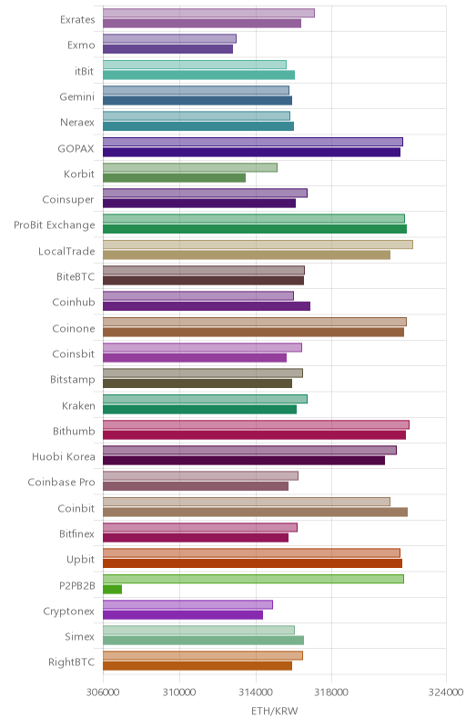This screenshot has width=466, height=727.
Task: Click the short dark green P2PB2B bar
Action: click(112, 589)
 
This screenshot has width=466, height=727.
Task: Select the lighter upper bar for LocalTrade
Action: click(258, 244)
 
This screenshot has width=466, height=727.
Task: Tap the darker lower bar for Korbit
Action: click(174, 177)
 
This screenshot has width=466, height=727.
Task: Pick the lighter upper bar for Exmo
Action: click(169, 38)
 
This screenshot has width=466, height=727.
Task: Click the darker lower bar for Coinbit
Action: click(255, 512)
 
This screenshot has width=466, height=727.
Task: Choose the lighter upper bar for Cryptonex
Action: click(187, 604)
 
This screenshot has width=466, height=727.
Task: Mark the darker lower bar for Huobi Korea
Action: click(244, 461)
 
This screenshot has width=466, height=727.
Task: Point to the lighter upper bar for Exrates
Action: click(208, 13)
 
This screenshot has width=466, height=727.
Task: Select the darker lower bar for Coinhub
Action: click(207, 306)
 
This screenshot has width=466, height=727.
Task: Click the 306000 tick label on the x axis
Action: click(103, 692)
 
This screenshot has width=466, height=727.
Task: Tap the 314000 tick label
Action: click(255, 692)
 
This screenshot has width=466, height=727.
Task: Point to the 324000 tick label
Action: click(446, 692)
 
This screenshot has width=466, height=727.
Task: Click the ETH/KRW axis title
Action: click(275, 712)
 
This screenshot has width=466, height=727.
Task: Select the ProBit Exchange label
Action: click(55, 224)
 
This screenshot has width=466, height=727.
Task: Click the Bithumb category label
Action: click(74, 431)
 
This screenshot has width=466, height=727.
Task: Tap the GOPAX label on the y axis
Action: click(76, 148)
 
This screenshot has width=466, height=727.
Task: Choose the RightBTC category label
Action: click(72, 662)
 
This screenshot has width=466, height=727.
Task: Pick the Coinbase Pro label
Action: click(61, 483)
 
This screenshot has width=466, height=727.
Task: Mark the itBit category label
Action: click(84, 71)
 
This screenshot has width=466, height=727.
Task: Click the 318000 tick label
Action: click(331, 692)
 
